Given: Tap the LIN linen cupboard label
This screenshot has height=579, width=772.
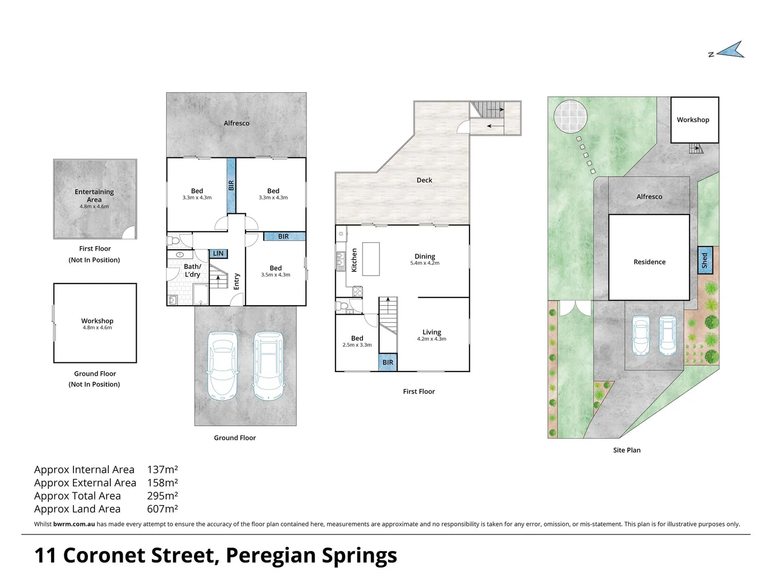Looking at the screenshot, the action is pos(218,254).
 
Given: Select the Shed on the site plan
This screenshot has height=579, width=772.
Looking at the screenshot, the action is pos(705,261).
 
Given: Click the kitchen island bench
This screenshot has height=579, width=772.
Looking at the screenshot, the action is pos(370,259).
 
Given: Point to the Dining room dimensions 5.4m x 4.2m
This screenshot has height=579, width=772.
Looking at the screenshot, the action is pos(425,263).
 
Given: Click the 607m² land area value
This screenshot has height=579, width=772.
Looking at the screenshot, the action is pos(162,509).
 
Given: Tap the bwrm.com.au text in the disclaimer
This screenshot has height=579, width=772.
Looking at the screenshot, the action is pos(74,524).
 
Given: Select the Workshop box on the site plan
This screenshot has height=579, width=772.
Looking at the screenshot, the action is pos(695,120).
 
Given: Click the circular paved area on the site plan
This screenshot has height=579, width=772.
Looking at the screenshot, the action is pos(570,116).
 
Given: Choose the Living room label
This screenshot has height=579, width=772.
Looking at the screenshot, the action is pos(432,332).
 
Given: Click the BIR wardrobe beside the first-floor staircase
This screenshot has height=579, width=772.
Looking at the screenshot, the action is pos(388,362).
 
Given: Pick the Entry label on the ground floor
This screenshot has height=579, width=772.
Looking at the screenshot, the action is pos(236,281).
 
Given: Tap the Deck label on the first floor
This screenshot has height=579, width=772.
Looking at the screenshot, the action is pos(424,180).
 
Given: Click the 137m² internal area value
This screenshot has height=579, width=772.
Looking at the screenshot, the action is pos(162,469).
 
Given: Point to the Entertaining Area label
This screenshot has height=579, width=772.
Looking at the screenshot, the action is pos(94,196).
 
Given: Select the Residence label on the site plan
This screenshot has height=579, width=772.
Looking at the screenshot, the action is pos(649,262).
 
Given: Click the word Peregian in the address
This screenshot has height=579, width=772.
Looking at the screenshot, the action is pos(270,556).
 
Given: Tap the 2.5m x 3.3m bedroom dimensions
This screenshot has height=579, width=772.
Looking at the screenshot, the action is pos(357,345).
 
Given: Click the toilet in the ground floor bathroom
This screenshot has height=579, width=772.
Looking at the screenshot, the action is pos(173,241).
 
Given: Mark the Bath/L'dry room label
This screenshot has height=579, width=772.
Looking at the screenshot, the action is pos(192,270).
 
